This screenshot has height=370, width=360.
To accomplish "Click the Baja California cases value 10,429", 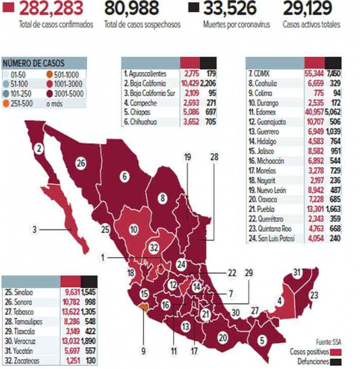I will [x=189, y=83].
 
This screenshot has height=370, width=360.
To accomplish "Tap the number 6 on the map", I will [x=124, y=176].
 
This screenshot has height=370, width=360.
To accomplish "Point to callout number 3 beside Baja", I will [x=34, y=229].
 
